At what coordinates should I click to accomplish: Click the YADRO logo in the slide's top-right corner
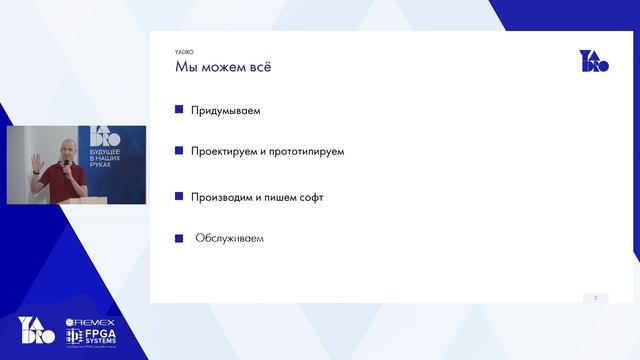tap(594, 61)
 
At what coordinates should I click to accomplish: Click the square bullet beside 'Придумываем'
tap(179, 110)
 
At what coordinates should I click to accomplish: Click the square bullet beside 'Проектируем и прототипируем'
tap(179, 151)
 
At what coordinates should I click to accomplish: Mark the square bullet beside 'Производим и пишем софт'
tap(179, 197)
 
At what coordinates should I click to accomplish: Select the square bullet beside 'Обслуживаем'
tap(179, 239)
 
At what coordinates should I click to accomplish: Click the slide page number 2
tap(595, 297)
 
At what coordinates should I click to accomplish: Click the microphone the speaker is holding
tap(66, 165)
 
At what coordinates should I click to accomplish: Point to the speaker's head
tap(62, 148)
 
